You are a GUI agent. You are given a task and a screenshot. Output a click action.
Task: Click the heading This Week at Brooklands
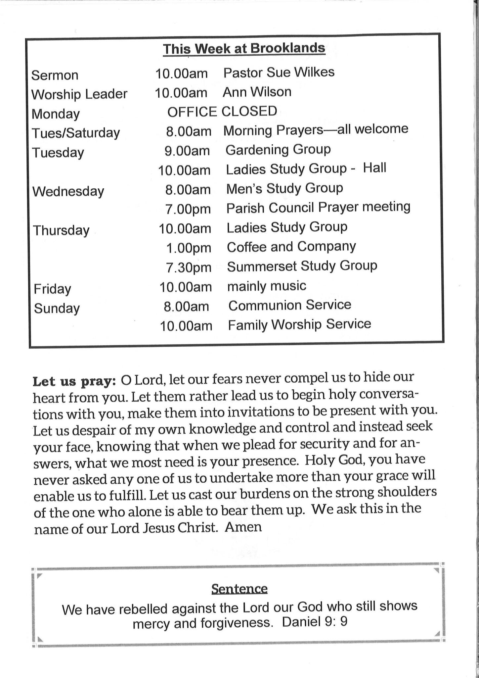[x=244, y=49]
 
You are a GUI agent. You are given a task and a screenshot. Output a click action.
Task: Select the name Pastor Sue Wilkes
[x=279, y=73]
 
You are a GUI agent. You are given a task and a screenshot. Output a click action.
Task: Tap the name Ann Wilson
[x=257, y=92]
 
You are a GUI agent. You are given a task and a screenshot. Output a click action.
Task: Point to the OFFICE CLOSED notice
[x=222, y=112]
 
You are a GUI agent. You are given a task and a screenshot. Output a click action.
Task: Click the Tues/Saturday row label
[x=76, y=133]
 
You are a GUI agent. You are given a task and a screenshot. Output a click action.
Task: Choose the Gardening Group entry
[x=278, y=150]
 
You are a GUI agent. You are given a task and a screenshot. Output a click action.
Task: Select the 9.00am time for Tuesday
[x=187, y=151]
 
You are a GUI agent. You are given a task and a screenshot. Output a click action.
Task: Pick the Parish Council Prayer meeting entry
[x=318, y=208]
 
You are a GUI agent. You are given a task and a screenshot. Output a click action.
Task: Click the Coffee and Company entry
[x=291, y=247]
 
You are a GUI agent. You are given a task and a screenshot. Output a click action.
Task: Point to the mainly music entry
[x=267, y=286]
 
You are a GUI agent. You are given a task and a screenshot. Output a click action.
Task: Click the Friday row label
[x=52, y=289]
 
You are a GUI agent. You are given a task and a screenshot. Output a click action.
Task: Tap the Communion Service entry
[x=289, y=305]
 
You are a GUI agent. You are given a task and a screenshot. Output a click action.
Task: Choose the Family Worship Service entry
[x=299, y=324]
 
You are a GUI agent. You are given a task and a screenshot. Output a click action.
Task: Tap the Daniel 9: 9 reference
[x=315, y=622]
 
